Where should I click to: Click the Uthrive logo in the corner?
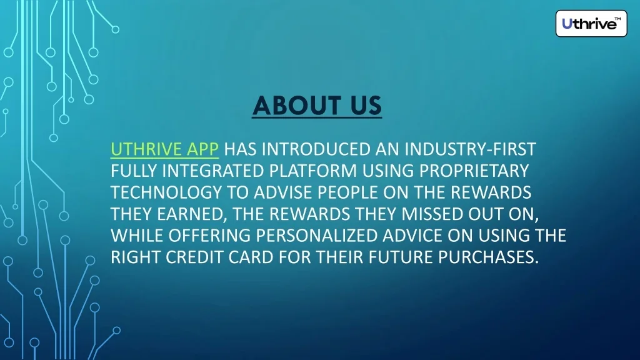(591, 24)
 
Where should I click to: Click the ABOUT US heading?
(317, 106)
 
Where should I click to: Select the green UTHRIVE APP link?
(164, 150)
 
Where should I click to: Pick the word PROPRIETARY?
(473, 171)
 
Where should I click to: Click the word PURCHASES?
(486, 257)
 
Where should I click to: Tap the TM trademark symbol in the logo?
(618, 19)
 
